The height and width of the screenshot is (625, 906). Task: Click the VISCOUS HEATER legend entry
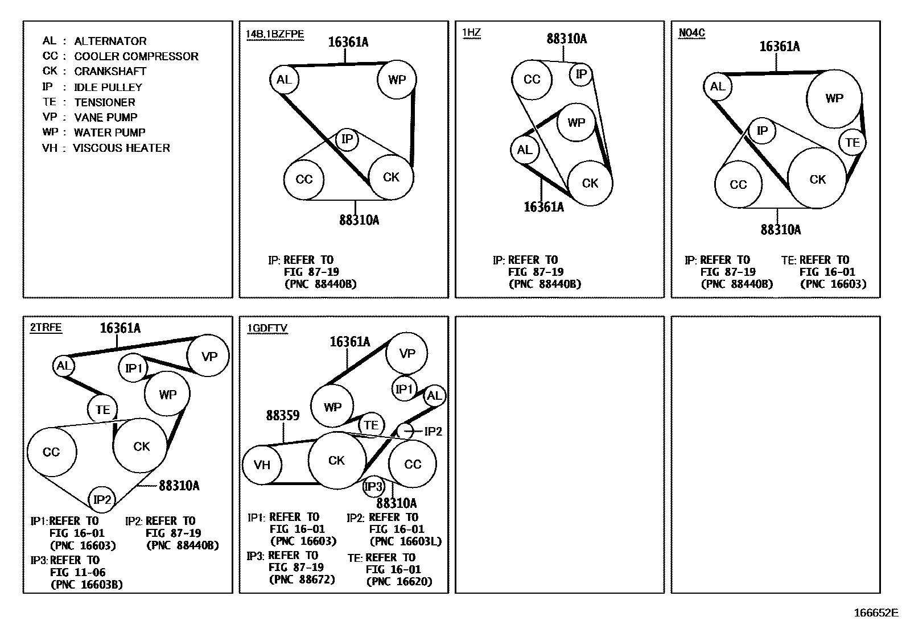(x=106, y=148)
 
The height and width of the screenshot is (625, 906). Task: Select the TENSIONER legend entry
(x=89, y=102)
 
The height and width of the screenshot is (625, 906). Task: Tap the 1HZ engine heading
(x=471, y=32)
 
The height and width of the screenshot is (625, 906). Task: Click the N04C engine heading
(x=691, y=32)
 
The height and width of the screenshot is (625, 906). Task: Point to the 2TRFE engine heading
(x=46, y=328)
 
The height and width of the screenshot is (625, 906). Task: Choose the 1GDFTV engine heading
(x=267, y=328)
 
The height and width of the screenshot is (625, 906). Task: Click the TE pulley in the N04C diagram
(x=852, y=142)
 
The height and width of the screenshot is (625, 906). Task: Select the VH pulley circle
(x=262, y=465)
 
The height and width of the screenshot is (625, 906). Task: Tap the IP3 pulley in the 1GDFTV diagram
(x=374, y=487)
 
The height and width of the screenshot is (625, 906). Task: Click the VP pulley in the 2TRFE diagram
(x=209, y=357)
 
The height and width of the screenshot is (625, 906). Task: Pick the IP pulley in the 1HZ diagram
(x=581, y=74)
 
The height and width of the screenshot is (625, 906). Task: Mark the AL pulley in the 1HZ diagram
(x=524, y=150)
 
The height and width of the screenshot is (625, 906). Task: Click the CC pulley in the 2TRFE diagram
(x=51, y=452)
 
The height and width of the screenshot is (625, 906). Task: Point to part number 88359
(x=283, y=416)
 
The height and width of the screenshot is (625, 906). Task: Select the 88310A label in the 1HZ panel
(x=566, y=39)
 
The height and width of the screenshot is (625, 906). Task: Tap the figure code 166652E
(x=875, y=613)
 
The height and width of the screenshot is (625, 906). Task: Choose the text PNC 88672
(x=302, y=580)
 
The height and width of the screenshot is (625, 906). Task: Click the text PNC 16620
(x=399, y=581)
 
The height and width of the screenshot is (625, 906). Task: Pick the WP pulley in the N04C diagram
(x=834, y=98)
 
